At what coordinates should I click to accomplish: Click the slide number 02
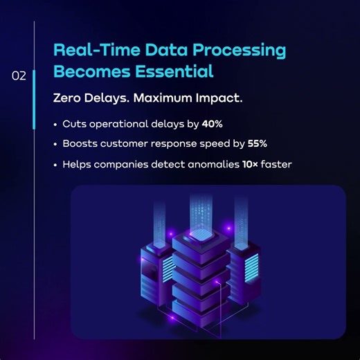click(19, 76)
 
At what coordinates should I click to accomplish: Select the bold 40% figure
click(212, 124)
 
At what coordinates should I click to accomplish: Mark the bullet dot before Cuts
click(55, 125)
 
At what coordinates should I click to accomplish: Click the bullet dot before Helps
click(55, 165)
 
